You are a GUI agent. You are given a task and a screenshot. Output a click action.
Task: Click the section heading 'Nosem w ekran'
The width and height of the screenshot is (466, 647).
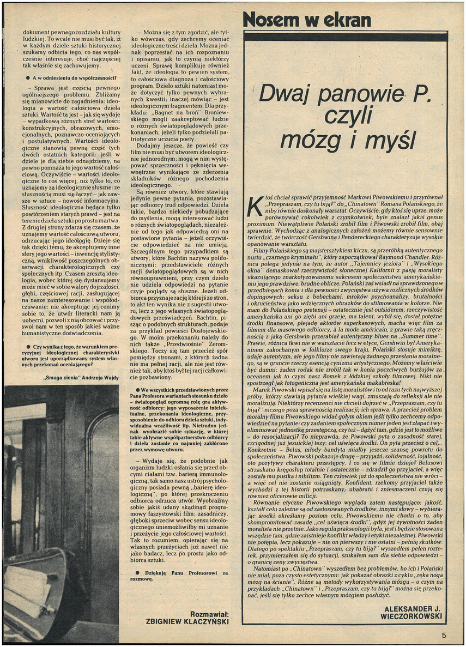coord(307,21)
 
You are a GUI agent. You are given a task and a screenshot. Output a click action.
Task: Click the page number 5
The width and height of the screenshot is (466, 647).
coord(444,634)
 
